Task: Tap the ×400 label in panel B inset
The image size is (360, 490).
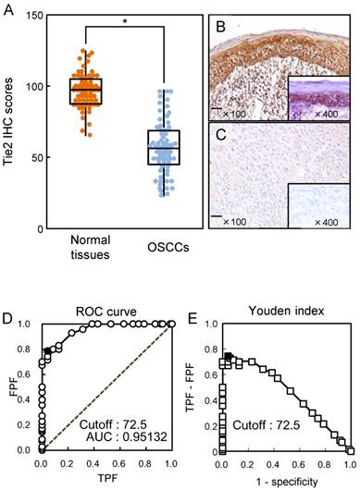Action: tap(323, 127)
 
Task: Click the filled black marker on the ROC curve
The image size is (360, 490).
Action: tap(47, 350)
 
